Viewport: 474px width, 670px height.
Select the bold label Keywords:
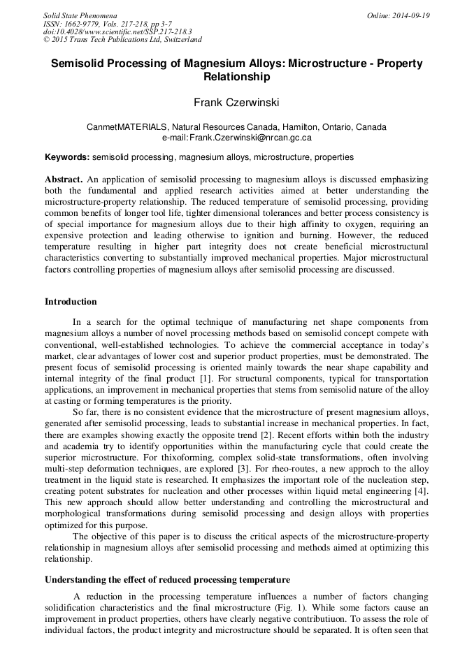coord(67,157)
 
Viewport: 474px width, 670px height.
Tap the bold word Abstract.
coord(64,180)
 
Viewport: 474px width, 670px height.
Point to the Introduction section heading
coord(71,302)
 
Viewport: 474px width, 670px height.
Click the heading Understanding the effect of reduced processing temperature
coord(167,580)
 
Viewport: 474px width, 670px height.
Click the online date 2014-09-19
coord(412,15)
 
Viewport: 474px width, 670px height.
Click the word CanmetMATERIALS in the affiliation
coord(129,127)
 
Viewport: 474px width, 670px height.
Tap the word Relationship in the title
coord(236,76)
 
